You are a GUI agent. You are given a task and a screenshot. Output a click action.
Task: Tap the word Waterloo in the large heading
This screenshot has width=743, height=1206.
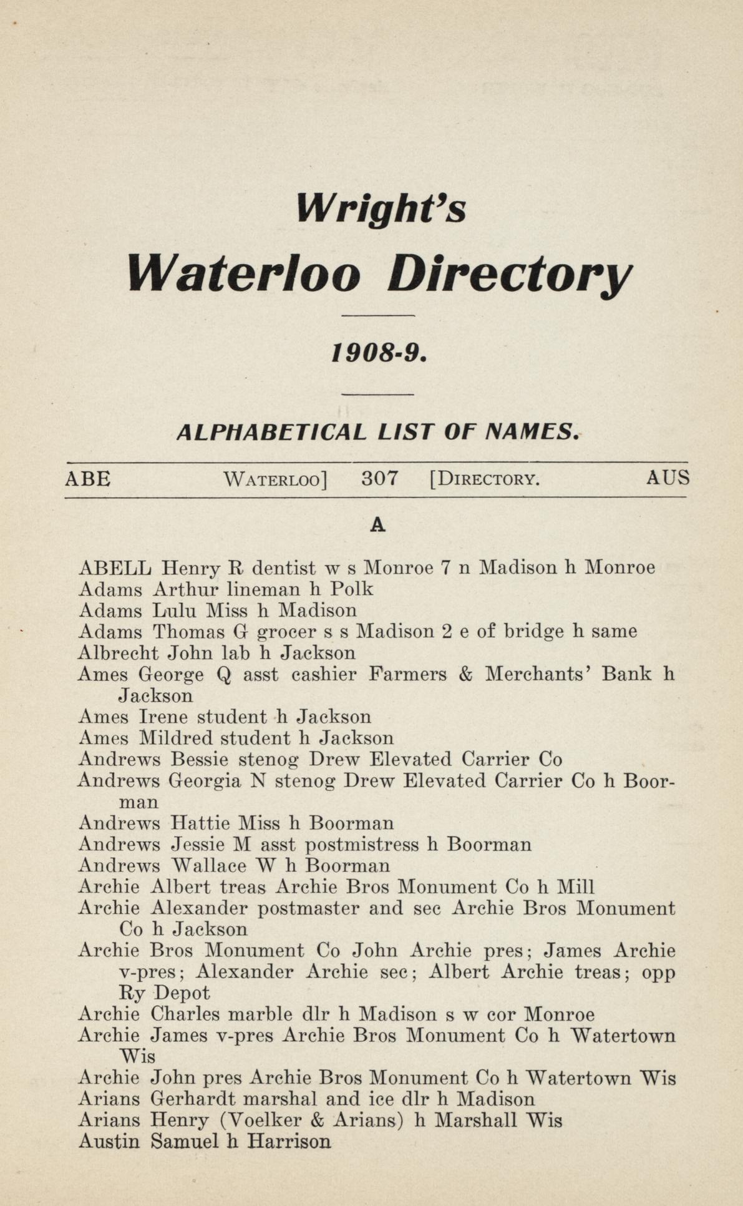coord(244,274)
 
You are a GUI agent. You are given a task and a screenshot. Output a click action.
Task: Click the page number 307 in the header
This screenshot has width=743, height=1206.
coord(379,479)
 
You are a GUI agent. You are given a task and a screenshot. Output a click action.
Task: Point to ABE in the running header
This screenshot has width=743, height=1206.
coord(88,479)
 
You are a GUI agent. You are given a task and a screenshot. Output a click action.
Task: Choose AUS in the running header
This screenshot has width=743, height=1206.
coord(668,478)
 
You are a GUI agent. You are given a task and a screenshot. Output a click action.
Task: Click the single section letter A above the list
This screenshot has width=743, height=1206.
coord(377,526)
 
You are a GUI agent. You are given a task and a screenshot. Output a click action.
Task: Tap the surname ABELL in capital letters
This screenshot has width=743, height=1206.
coord(115,568)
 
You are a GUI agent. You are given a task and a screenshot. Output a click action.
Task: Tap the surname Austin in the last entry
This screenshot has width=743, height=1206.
coord(109,1142)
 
